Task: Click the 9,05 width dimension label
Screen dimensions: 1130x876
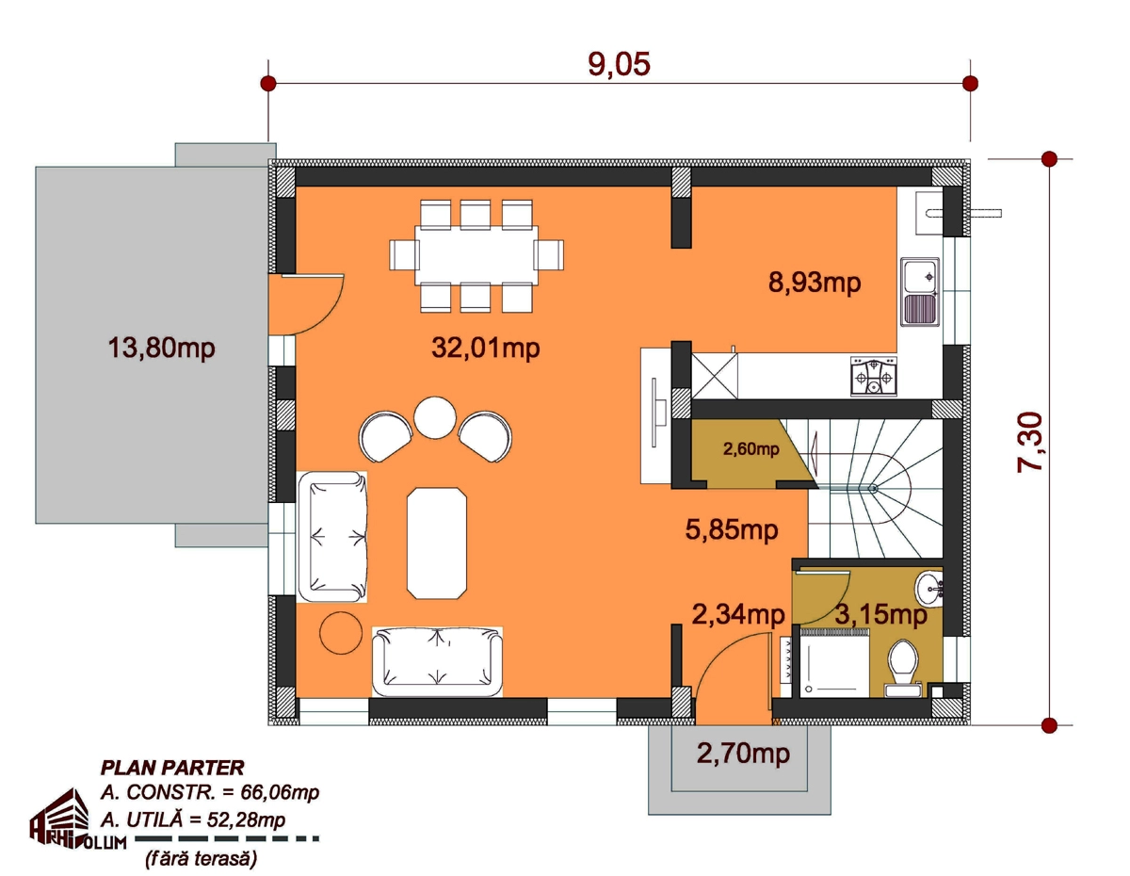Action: coord(619,64)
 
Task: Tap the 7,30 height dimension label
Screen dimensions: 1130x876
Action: coord(1030,442)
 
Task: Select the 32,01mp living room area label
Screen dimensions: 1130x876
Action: coord(486,348)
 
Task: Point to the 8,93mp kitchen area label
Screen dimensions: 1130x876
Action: coord(815,283)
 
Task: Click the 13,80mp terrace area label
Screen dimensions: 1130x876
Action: coord(161,348)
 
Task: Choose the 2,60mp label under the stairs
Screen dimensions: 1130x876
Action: coord(751,449)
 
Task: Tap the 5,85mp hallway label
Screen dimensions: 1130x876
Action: coord(732,530)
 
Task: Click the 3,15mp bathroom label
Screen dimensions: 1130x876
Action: coord(880,615)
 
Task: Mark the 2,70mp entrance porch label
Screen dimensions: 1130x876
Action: coord(743,754)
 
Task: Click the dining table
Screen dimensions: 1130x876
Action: coord(476,255)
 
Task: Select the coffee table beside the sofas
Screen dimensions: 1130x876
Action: coord(437,543)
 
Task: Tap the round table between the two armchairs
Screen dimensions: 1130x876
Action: coord(435,417)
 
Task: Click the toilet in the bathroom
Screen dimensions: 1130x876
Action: coord(903,669)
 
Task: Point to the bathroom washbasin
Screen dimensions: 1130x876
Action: coord(928,589)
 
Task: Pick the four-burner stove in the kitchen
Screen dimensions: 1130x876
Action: coord(874,376)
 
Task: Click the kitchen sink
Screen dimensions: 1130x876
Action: coord(920,292)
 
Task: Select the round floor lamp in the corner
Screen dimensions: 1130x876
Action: coord(341,633)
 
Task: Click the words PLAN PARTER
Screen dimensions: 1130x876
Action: coord(172,768)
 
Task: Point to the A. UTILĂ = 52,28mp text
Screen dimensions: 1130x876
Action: coord(193,820)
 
